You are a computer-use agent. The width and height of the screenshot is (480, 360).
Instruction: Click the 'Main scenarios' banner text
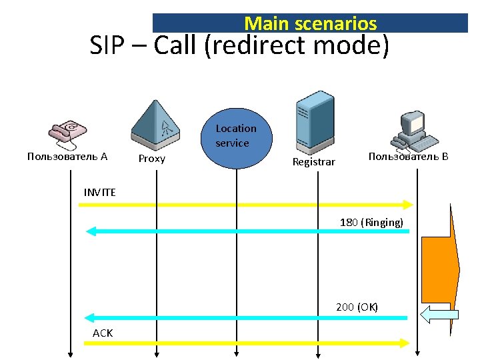[x=310, y=24]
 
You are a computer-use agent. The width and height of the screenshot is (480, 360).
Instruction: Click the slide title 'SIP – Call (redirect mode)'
[x=239, y=47]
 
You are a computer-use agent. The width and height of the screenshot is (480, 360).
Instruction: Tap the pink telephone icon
[x=67, y=133]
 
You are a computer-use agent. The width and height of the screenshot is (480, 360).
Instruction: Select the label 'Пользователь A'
[x=67, y=157]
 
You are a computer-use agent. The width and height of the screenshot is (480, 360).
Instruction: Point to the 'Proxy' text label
[x=151, y=159]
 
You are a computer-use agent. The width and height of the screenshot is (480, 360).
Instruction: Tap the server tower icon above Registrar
[x=315, y=120]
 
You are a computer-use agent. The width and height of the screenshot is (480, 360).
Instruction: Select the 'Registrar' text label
[x=314, y=161]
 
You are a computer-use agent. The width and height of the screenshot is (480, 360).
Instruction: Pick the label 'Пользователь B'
[x=408, y=157]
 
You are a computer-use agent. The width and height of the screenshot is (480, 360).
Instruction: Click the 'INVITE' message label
[x=100, y=192]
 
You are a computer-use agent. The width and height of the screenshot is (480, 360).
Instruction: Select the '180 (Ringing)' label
[x=371, y=222]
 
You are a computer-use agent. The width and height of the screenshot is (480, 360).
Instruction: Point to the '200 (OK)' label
[x=357, y=307]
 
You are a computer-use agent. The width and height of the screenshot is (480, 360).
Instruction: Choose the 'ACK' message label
[x=103, y=333]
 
